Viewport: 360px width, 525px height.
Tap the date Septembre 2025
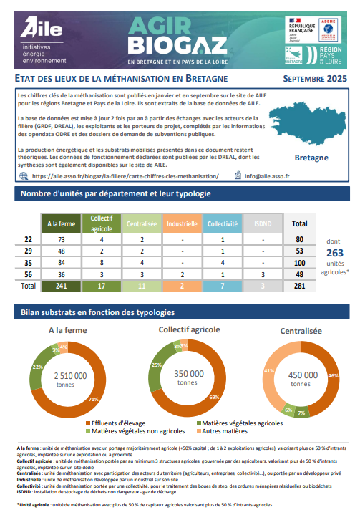[314, 78]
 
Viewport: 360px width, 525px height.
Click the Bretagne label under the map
[311, 157]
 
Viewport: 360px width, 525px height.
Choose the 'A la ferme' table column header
[62, 224]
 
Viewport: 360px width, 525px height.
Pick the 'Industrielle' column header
[183, 224]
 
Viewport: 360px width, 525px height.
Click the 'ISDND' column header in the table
[263, 224]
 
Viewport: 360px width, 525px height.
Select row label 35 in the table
[28, 262]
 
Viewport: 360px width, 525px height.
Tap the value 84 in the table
[62, 262]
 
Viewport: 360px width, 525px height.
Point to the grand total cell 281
[300, 286]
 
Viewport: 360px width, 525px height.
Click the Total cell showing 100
[300, 262]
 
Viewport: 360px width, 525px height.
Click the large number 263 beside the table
[334, 253]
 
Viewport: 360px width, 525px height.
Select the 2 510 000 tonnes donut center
[69, 379]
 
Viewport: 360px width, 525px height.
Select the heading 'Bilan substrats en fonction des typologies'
[97, 312]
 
